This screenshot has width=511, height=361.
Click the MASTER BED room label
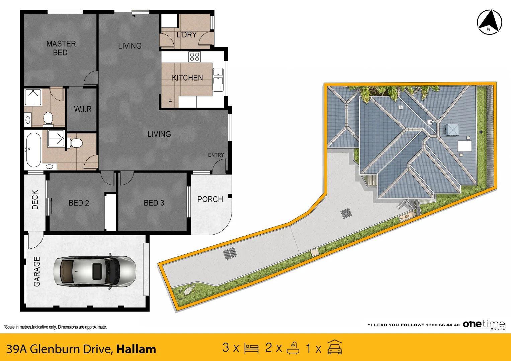(x=61, y=48)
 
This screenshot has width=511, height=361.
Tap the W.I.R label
(x=83, y=109)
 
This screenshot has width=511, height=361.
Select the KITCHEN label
(x=187, y=78)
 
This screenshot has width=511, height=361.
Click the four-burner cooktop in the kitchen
(x=194, y=57)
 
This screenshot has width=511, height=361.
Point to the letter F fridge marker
(x=170, y=101)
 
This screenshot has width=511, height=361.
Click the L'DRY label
(x=187, y=35)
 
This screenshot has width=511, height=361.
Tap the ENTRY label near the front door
(x=216, y=155)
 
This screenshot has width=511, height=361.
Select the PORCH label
(x=210, y=199)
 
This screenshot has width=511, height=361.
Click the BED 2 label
(x=79, y=203)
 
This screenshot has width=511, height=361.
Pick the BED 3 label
(x=154, y=203)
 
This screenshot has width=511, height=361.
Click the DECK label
(x=35, y=200)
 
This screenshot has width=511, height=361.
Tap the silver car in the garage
(x=95, y=271)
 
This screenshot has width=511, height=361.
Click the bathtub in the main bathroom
(x=33, y=150)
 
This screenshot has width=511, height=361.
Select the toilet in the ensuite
(x=48, y=119)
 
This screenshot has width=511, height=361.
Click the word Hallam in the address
(x=136, y=349)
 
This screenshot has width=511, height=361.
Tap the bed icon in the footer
(x=251, y=348)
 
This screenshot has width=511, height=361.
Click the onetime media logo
(x=484, y=325)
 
